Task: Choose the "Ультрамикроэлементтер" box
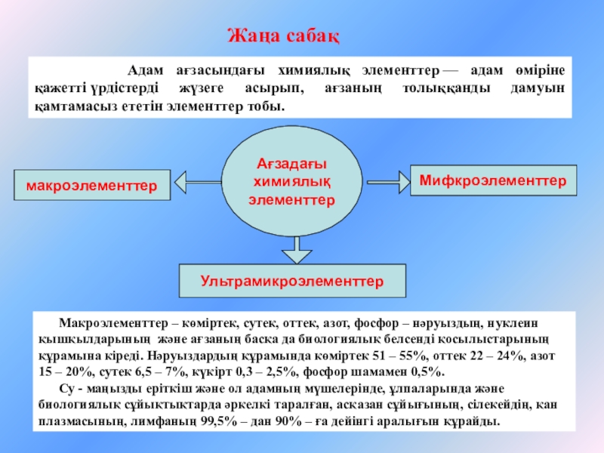pos(292,281)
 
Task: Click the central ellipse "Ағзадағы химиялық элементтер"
pos(292,182)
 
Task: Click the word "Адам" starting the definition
pos(144,71)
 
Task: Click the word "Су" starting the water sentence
pos(66,389)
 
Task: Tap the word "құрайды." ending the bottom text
pos(475,421)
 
